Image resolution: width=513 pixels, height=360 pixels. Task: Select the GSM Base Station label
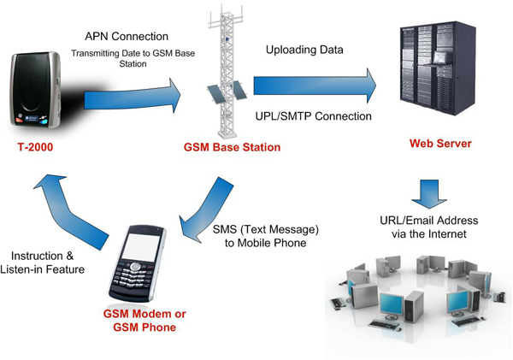[x=232, y=147]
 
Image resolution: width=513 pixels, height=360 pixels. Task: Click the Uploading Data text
[x=304, y=50]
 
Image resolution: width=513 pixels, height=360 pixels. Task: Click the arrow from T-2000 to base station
[x=137, y=95]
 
